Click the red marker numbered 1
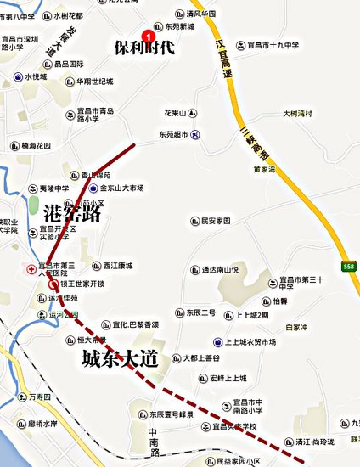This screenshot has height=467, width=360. click(x=149, y=35)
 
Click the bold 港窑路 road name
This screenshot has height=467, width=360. click(x=73, y=214)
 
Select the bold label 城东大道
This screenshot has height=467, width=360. click(x=120, y=358)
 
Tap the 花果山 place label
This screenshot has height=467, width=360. click(x=180, y=113)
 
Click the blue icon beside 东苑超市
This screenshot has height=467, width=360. click(x=196, y=133)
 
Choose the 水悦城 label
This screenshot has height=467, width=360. click(x=38, y=76)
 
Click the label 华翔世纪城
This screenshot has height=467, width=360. click(x=94, y=82)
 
